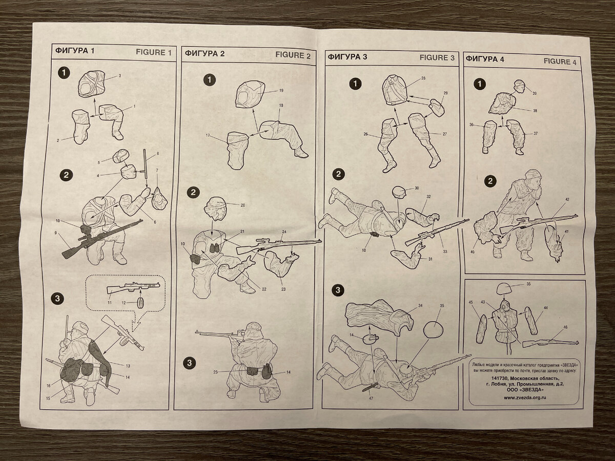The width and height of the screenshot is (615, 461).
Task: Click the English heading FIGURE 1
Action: point(154,52)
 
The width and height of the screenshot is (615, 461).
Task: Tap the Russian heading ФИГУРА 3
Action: point(347,57)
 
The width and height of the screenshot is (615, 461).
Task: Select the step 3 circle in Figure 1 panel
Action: point(57,299)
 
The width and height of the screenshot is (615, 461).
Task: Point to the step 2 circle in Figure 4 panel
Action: point(490,181)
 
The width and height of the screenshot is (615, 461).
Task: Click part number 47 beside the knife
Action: point(371,399)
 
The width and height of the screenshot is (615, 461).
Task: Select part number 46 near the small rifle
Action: point(565,327)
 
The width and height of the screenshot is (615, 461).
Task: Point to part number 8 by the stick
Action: point(158,153)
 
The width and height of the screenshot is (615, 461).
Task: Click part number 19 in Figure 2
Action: point(281,91)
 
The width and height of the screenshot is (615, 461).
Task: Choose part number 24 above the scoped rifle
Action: point(284,232)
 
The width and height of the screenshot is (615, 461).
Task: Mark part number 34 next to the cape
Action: point(420,306)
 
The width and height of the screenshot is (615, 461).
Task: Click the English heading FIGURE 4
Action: point(560,61)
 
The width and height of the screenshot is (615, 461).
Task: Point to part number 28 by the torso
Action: point(423,78)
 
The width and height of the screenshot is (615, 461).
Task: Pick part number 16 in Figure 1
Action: point(49,386)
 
